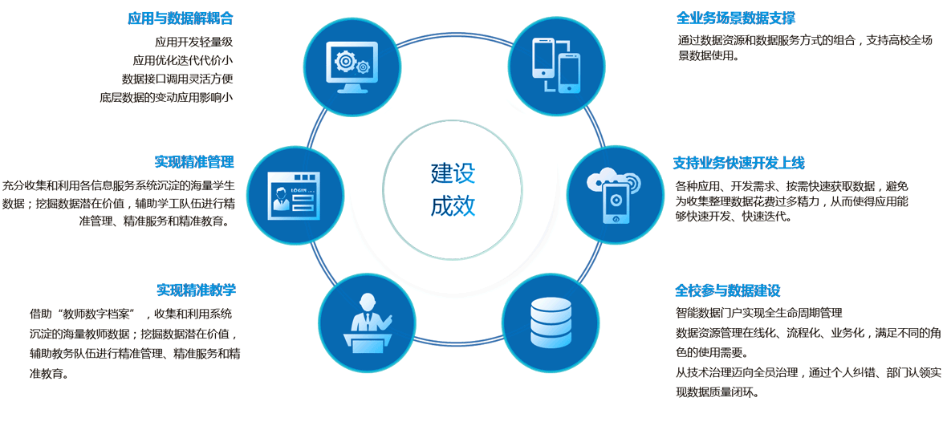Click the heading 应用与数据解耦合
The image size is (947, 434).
pos(180,18)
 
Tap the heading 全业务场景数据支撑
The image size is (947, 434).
pos(736,18)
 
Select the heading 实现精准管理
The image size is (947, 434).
pos(194,162)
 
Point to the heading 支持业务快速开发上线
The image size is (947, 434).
pos(738,163)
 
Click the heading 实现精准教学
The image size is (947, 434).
pos(196,290)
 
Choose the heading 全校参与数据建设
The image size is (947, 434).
pos(728,290)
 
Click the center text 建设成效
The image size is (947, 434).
pos(453,189)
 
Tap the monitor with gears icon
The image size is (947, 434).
pos(352,67)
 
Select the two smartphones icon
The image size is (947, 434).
pos(557,66)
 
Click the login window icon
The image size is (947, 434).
pos(295,195)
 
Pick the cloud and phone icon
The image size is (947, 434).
pos(615,195)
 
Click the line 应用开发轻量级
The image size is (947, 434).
pos(193,42)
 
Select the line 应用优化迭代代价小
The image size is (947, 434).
pos(183,60)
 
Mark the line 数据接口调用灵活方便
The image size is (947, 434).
pos(177,79)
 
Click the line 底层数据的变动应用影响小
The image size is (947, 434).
pos(166,97)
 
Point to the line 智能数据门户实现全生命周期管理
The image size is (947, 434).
pos(759,313)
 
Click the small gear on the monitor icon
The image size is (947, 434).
pos(363,67)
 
